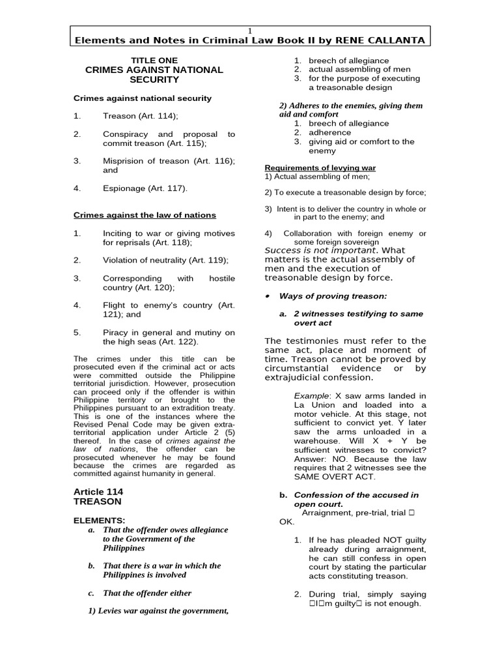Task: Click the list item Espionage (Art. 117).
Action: pyautogui.click(x=145, y=188)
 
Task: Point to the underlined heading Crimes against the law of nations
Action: pyautogui.click(x=145, y=215)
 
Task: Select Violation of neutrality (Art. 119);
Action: pyautogui.click(x=165, y=260)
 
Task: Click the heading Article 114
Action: pyautogui.click(x=98, y=491)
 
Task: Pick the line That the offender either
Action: pyautogui.click(x=147, y=593)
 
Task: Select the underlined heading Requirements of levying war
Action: pyautogui.click(x=320, y=168)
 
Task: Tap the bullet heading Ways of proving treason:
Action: pyautogui.click(x=333, y=296)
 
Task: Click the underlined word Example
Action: pyautogui.click(x=312, y=395)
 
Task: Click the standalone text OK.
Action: pyautogui.click(x=271, y=522)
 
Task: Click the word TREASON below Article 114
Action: pyautogui.click(x=95, y=502)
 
